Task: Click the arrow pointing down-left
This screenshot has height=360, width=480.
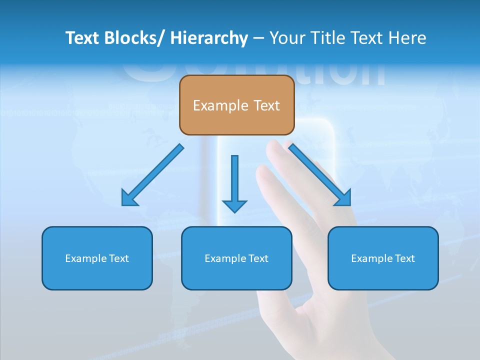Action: pos(152,175)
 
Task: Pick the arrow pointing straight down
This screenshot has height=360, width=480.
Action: pos(234,182)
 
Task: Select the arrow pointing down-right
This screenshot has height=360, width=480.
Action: pos(320,175)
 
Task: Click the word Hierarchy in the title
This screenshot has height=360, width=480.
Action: pos(208,38)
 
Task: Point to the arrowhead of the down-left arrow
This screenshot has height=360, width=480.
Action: pos(129,198)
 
